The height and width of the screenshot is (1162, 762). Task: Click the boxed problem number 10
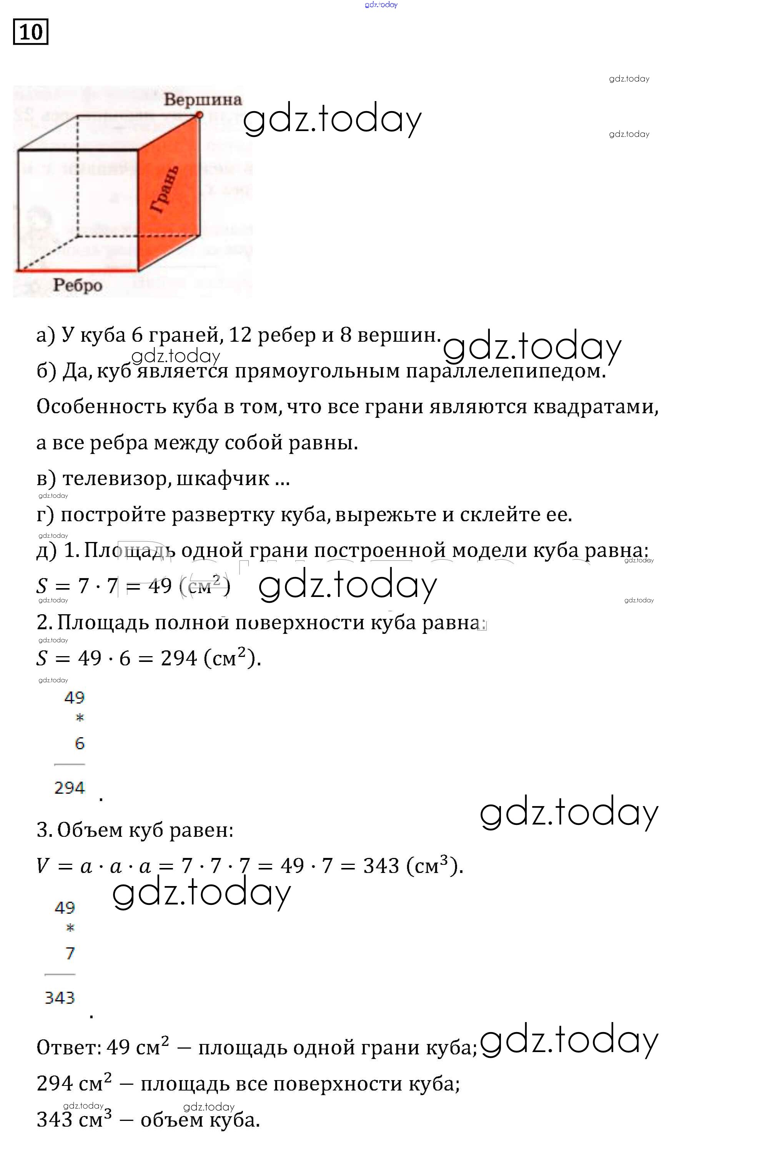[x=30, y=32]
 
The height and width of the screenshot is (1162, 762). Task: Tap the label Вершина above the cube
[x=202, y=100]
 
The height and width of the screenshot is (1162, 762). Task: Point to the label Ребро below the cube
[x=78, y=285]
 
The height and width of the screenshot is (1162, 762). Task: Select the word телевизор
[x=117, y=479]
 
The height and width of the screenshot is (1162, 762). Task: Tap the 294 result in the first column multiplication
[x=69, y=788]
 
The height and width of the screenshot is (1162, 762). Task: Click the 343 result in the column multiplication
[x=60, y=998]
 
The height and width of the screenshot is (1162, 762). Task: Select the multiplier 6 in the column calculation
[x=80, y=743]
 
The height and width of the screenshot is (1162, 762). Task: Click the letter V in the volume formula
[x=43, y=866]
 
